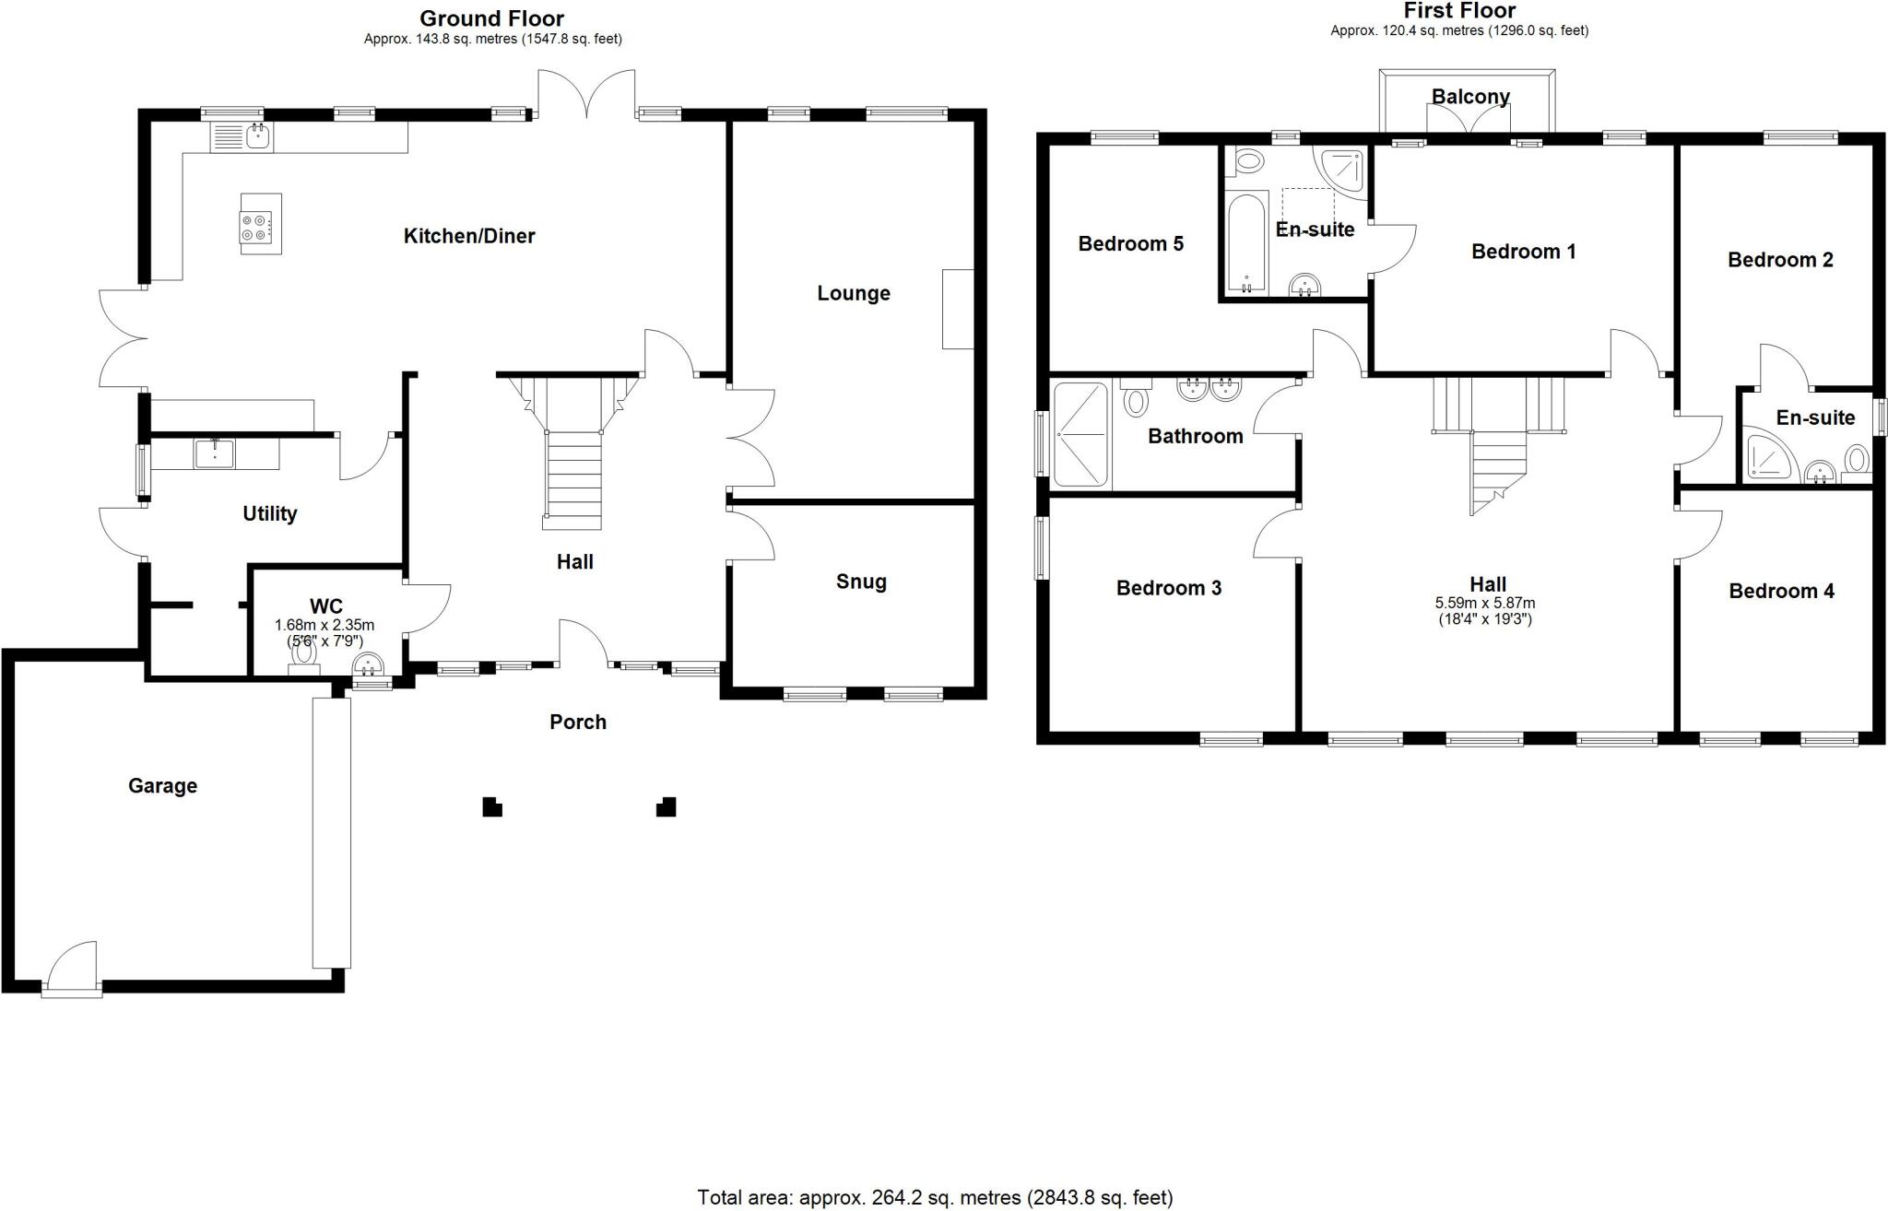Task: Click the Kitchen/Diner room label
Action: click(469, 236)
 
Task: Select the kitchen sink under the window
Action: click(242, 138)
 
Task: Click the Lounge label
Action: click(853, 293)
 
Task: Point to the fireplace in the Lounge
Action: click(958, 309)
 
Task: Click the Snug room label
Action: click(861, 582)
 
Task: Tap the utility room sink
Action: click(215, 453)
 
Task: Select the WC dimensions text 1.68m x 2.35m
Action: click(324, 625)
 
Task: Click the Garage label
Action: click(162, 785)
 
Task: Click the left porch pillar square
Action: click(492, 807)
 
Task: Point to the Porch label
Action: click(578, 722)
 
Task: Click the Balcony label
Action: click(1470, 96)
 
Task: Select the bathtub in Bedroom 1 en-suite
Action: click(1246, 244)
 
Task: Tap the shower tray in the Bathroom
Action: click(1081, 433)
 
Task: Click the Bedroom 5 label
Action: click(1130, 243)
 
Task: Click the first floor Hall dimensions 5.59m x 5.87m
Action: click(1485, 603)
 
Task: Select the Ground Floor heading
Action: click(491, 18)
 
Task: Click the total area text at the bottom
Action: click(935, 1197)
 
